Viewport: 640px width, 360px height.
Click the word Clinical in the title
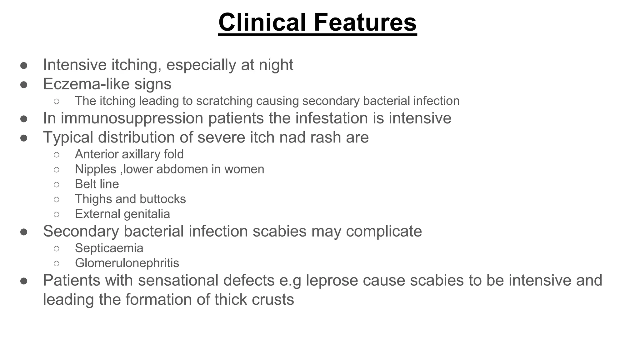[x=262, y=22]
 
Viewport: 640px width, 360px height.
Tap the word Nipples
[x=96, y=169]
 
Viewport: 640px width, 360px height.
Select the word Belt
[x=85, y=184]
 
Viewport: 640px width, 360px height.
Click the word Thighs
[x=93, y=199]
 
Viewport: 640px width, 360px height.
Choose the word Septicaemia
[x=109, y=248]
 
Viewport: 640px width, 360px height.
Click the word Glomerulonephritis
[x=127, y=263]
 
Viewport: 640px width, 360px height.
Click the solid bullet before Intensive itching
[x=24, y=65]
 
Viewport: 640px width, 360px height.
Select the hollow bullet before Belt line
[x=57, y=184]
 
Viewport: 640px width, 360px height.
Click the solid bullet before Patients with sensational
[x=24, y=281]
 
